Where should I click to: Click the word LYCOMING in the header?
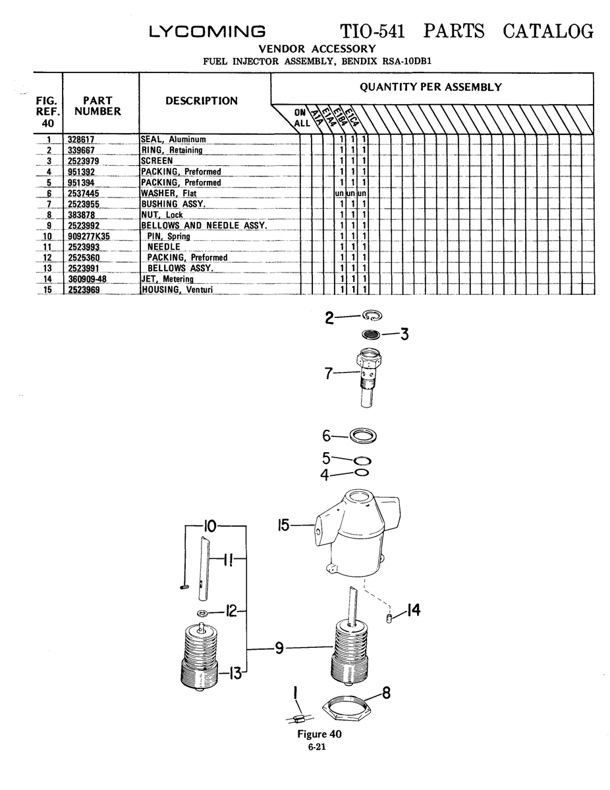[x=208, y=31]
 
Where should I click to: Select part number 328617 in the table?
[x=81, y=140]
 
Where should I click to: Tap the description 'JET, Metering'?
[x=167, y=279]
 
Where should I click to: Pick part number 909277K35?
[x=89, y=236]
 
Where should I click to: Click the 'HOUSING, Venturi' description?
[x=177, y=290]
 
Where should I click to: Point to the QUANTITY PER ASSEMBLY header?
[x=431, y=88]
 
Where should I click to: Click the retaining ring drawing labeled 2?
[x=372, y=315]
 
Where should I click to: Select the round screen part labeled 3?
[x=371, y=334]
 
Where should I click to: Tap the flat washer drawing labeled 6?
[x=363, y=435]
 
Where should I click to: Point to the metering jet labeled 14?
[x=389, y=618]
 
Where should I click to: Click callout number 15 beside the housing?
[x=283, y=525]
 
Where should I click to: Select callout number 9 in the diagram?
[x=279, y=648]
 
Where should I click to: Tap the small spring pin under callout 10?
[x=184, y=587]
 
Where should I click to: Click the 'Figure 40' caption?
[x=319, y=734]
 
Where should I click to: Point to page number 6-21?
[x=317, y=747]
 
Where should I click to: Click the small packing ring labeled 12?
[x=202, y=614]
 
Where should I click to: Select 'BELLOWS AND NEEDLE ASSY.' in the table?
[x=204, y=225]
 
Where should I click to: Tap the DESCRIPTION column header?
[x=202, y=101]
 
